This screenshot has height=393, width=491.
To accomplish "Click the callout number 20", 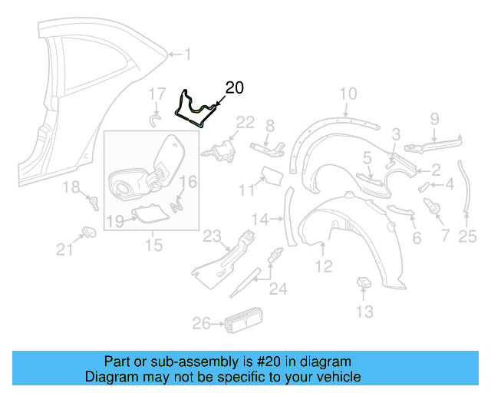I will click(x=234, y=88).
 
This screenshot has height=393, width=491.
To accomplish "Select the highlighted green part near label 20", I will click(x=193, y=108).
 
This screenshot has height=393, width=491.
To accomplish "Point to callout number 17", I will click(x=157, y=94).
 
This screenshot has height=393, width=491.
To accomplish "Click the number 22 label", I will click(x=245, y=121).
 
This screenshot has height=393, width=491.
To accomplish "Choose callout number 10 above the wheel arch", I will click(x=348, y=94).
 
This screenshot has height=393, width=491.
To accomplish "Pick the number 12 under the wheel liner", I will click(x=323, y=266).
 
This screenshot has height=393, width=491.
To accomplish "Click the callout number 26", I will click(x=200, y=324).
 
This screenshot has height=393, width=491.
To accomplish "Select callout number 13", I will click(x=364, y=311).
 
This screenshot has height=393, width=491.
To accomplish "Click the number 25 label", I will click(x=467, y=237).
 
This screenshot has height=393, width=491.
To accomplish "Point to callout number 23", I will click(x=211, y=236).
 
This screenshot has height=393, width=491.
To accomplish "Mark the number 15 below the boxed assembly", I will click(x=154, y=246).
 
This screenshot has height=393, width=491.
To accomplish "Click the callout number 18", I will click(x=71, y=187).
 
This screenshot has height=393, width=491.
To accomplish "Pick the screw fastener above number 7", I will click(x=430, y=206).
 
